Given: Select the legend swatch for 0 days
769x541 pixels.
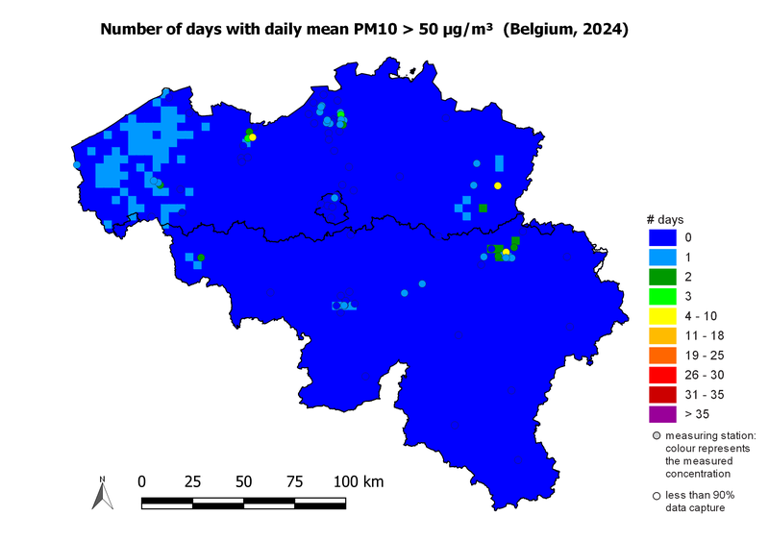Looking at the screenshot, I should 662,237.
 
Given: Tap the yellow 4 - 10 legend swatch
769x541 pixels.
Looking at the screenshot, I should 662,316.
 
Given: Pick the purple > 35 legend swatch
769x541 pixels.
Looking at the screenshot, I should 662,414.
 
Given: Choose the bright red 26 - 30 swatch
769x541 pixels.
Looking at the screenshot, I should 662,375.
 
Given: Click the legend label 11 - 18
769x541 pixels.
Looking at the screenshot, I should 703,335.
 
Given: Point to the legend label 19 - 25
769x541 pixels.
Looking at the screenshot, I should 703,356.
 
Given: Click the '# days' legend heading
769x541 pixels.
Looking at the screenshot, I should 664,220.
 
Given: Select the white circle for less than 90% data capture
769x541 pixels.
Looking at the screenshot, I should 657,496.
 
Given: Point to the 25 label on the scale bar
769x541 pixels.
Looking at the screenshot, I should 192,480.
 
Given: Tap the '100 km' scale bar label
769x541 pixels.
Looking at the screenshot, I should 358,480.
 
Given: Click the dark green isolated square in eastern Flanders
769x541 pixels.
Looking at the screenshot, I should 483,208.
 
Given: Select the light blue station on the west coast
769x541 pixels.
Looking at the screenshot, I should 77,164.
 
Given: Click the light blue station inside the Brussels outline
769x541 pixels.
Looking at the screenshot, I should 335,198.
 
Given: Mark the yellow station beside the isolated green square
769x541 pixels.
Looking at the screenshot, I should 498,185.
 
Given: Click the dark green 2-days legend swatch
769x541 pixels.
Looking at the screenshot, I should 662,277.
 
